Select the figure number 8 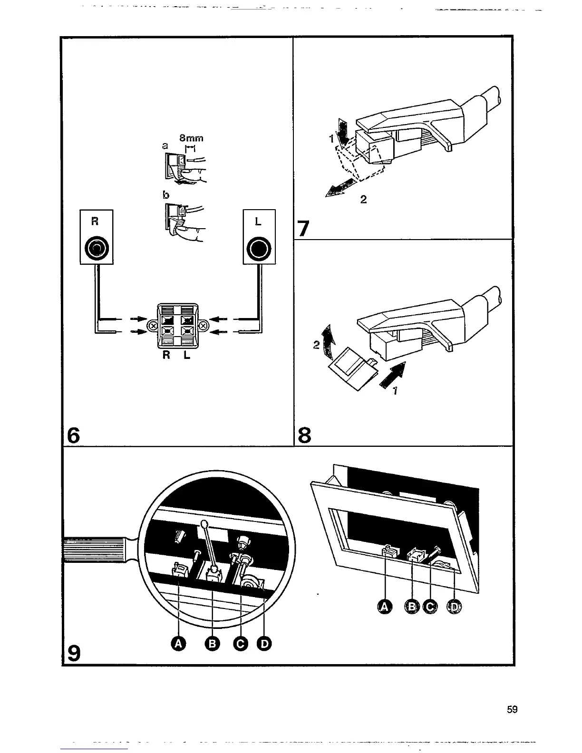coord(304,434)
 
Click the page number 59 coord(512,709)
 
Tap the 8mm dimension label coord(191,138)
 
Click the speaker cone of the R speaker coord(97,248)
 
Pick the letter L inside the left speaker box coord(258,222)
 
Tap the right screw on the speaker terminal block coord(203,326)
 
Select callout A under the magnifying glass coord(179,644)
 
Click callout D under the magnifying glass coord(264,644)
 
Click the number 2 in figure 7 coord(363,200)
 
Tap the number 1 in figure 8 coord(396,391)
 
